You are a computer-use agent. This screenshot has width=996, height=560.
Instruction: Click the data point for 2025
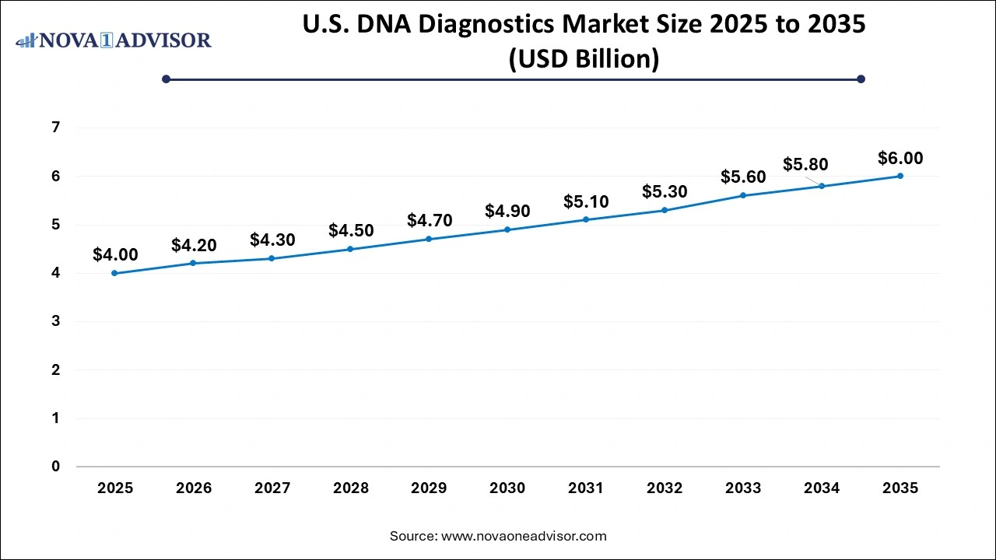coord(115,273)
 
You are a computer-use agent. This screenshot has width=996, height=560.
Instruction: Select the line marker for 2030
coord(507,229)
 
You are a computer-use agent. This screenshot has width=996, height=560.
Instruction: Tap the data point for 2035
coord(900,176)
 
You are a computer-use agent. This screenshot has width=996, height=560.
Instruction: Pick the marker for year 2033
coord(743,195)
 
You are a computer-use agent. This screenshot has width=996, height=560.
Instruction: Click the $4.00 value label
coord(115,254)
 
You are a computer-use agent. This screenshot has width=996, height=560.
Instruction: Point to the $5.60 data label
coord(743,177)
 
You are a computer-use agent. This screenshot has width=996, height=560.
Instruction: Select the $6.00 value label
coord(900,158)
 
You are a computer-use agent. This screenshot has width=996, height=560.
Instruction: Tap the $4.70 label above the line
coord(429,220)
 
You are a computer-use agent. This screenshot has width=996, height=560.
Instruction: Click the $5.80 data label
coord(805,164)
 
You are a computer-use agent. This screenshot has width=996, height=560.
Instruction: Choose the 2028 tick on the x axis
coord(350,488)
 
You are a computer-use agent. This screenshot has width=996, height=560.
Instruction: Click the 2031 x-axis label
coord(586,488)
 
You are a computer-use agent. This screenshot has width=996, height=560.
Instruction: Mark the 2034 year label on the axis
coord(822,488)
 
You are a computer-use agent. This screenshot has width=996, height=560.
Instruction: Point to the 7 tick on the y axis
coord(55,128)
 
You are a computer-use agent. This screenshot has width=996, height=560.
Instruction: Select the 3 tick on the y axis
coord(55,321)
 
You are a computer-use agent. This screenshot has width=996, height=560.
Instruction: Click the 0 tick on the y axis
coord(55,467)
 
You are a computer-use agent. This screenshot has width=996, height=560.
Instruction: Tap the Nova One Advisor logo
coord(114,40)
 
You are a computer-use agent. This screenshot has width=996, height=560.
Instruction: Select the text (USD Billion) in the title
coord(584,58)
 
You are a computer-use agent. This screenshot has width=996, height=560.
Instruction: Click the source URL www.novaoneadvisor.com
coord(523,536)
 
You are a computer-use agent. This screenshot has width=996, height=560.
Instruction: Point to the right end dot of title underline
coord(861,79)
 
